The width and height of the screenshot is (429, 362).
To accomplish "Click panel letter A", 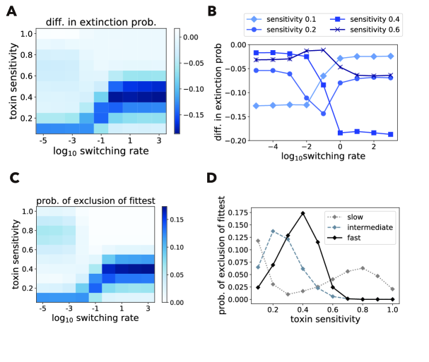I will pos(12,11).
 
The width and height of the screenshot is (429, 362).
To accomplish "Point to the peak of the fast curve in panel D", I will pos(302,213).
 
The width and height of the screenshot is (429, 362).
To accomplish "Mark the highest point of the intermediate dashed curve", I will pos(273,231).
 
